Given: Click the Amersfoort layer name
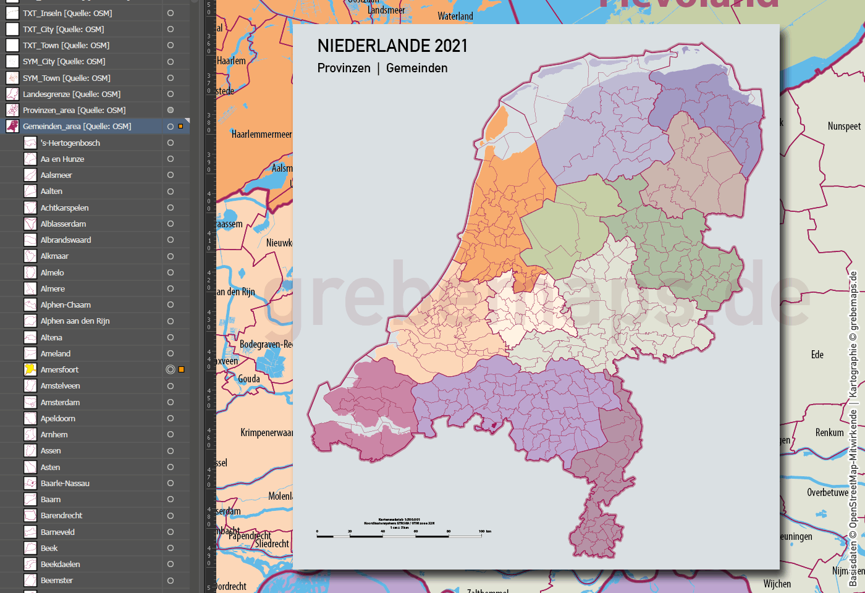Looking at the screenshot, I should click(x=59, y=369).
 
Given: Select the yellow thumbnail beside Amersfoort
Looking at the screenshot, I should click(x=30, y=369).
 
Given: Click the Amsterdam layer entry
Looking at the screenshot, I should click(x=60, y=402).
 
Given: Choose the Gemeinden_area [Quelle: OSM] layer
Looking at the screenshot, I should click(x=77, y=126).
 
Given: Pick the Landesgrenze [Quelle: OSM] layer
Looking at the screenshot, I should click(x=71, y=94).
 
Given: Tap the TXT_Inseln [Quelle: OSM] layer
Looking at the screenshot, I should click(x=67, y=13).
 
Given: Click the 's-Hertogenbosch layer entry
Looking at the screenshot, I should click(x=70, y=143).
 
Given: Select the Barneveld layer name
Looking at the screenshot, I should click(x=57, y=532).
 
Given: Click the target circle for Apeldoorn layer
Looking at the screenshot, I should click(x=171, y=418).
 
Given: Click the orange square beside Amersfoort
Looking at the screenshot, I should click(x=182, y=369).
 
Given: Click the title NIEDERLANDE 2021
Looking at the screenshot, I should click(x=392, y=46).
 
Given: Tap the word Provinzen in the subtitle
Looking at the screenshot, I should click(x=344, y=68).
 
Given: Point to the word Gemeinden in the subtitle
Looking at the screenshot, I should click(x=416, y=68).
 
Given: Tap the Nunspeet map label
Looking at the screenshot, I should click(x=844, y=126).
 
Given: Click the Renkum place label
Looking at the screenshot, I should click(x=829, y=432).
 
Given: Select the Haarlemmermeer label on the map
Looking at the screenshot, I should click(x=261, y=134).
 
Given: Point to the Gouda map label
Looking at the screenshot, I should click(x=249, y=379).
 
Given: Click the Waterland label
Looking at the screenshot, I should click(x=455, y=16).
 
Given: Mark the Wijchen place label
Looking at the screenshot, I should click(x=777, y=584).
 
